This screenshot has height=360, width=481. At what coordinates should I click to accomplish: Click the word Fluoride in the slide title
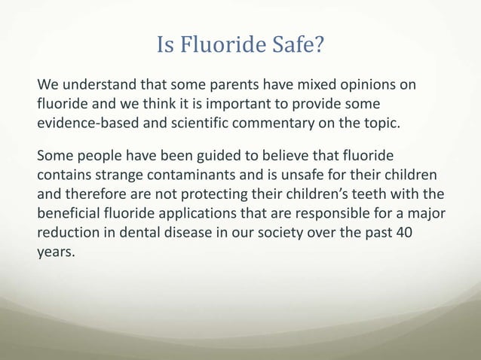[221, 47]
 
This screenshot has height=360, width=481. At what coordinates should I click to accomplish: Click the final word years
[56, 252]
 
